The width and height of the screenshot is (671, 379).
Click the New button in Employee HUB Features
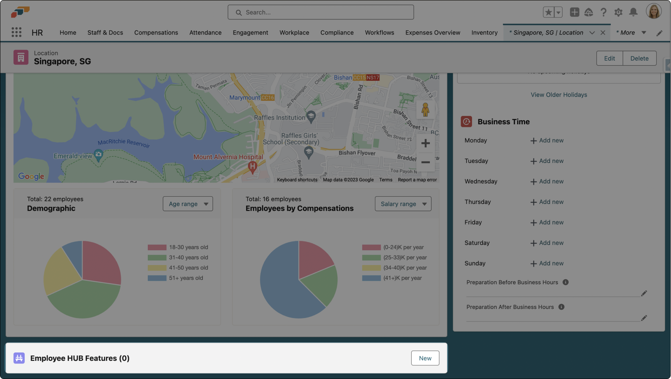425,358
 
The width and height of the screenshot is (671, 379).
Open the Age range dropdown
188,204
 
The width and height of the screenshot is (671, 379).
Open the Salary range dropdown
403,204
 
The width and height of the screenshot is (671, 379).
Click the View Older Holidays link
558,95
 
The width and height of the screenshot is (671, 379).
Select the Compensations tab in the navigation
156,33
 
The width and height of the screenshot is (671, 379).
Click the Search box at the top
321,13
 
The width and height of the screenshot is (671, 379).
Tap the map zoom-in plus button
425,143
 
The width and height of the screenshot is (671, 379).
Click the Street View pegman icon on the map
425,110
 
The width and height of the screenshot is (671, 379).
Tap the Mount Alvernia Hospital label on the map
228,157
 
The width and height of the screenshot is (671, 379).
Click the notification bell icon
633,13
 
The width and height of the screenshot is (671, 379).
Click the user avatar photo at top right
654,12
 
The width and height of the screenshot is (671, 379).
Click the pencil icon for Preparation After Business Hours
644,318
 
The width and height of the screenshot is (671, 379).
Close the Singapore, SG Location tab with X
603,33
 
